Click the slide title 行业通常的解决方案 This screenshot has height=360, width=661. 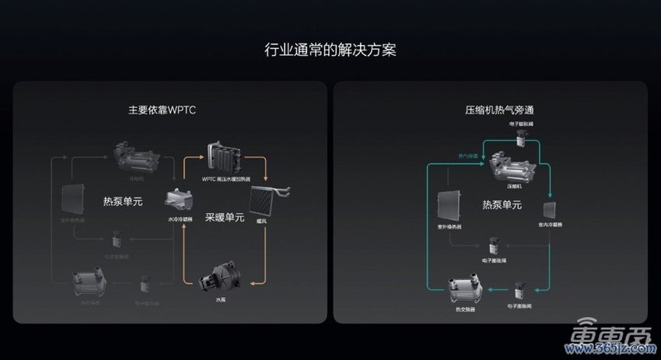[331, 51]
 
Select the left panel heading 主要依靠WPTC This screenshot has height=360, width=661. [162, 111]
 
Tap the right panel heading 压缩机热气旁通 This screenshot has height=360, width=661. [497, 111]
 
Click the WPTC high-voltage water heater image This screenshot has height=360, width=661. [224, 159]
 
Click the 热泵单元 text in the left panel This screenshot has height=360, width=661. [124, 201]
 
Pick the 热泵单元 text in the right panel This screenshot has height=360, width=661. [502, 205]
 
